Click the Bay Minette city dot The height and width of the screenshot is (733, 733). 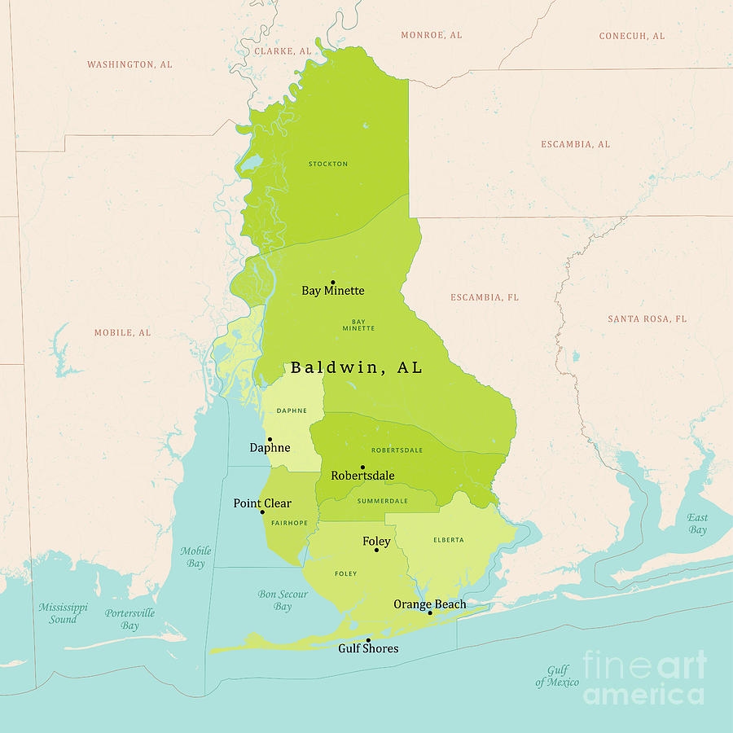click(332, 283)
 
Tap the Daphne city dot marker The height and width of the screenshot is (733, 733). click(270, 439)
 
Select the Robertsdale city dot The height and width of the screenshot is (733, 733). click(362, 467)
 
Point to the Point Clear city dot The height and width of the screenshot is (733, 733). click(262, 512)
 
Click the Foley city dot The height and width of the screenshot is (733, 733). click(376, 550)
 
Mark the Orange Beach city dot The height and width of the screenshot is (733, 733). click(430, 612)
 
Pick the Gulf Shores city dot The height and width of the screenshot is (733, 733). click(368, 640)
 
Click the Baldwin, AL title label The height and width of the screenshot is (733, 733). click(357, 367)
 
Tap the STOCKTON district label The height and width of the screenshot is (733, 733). click(328, 164)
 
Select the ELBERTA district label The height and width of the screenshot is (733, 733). click(449, 540)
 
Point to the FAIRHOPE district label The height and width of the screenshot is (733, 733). click(289, 523)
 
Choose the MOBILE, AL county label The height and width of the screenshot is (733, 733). click(122, 332)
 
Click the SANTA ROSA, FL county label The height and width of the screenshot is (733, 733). click(647, 318)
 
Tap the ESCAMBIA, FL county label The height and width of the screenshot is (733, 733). click(485, 297)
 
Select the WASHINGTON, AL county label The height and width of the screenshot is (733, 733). click(129, 64)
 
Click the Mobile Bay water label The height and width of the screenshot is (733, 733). click(195, 557)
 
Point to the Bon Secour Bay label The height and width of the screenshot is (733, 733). click(283, 600)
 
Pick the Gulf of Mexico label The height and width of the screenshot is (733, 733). click(557, 676)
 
